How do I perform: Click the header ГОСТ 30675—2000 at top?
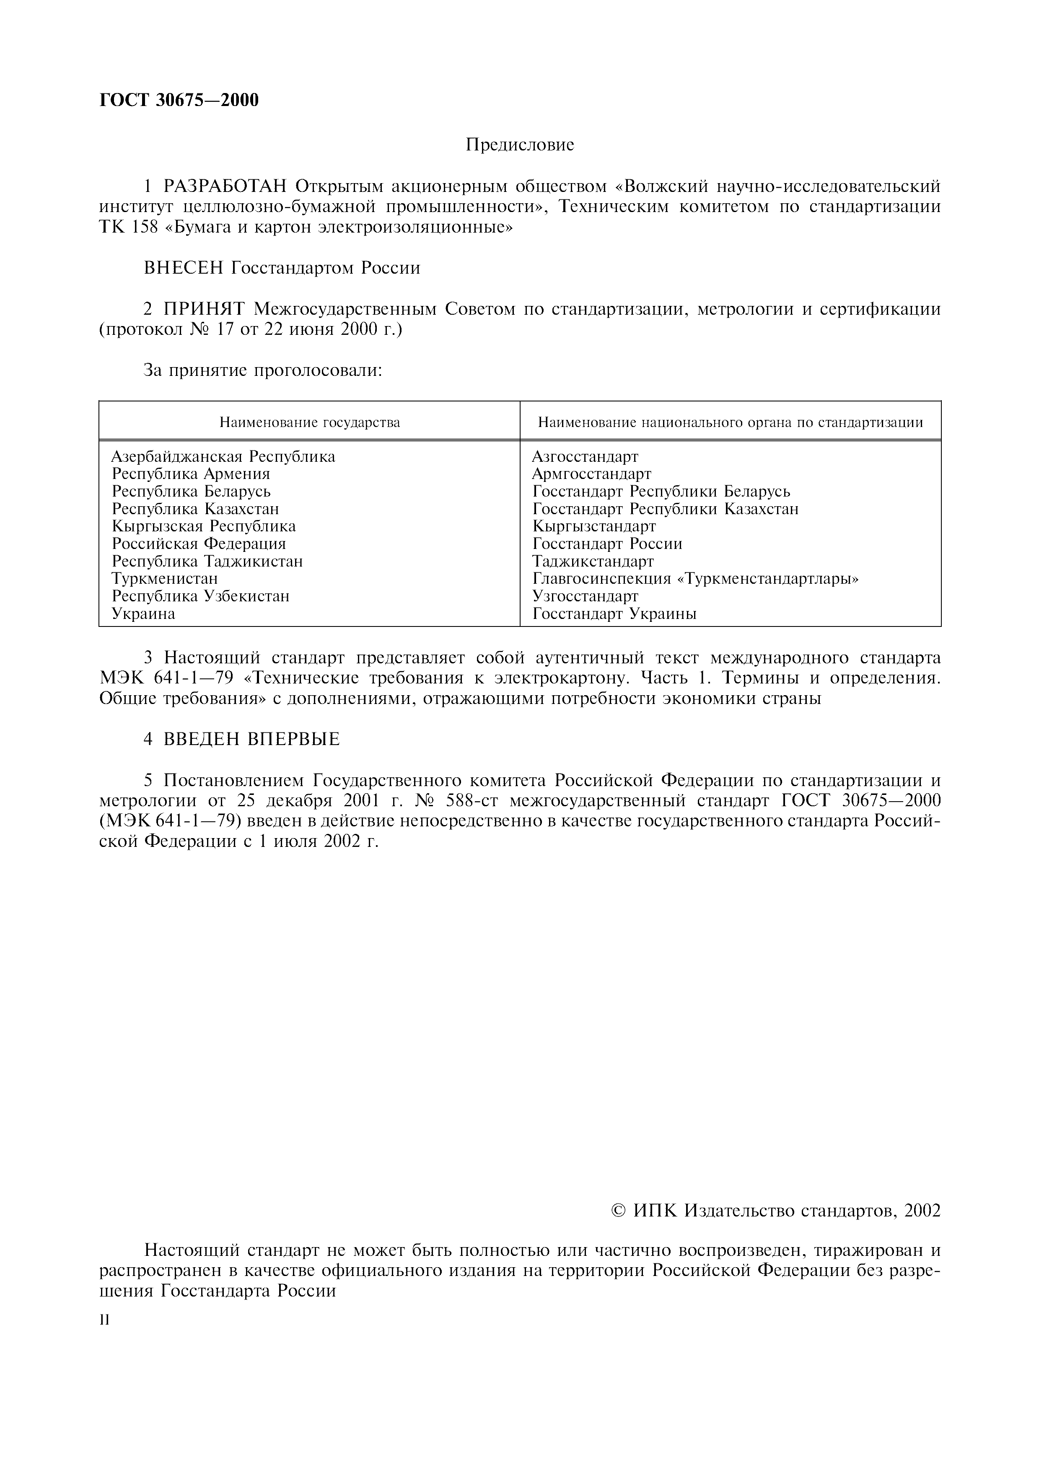click(x=179, y=101)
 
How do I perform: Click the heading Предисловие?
click(x=519, y=145)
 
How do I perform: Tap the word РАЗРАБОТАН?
click(x=227, y=187)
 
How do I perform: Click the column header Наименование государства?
click(x=310, y=422)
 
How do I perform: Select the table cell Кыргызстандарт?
click(x=593, y=526)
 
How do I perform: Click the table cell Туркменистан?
click(x=165, y=579)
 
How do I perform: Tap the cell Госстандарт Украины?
click(x=614, y=614)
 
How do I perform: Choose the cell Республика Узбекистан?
click(x=200, y=596)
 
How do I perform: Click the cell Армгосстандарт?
click(x=591, y=474)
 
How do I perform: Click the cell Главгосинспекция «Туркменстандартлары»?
click(x=695, y=579)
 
